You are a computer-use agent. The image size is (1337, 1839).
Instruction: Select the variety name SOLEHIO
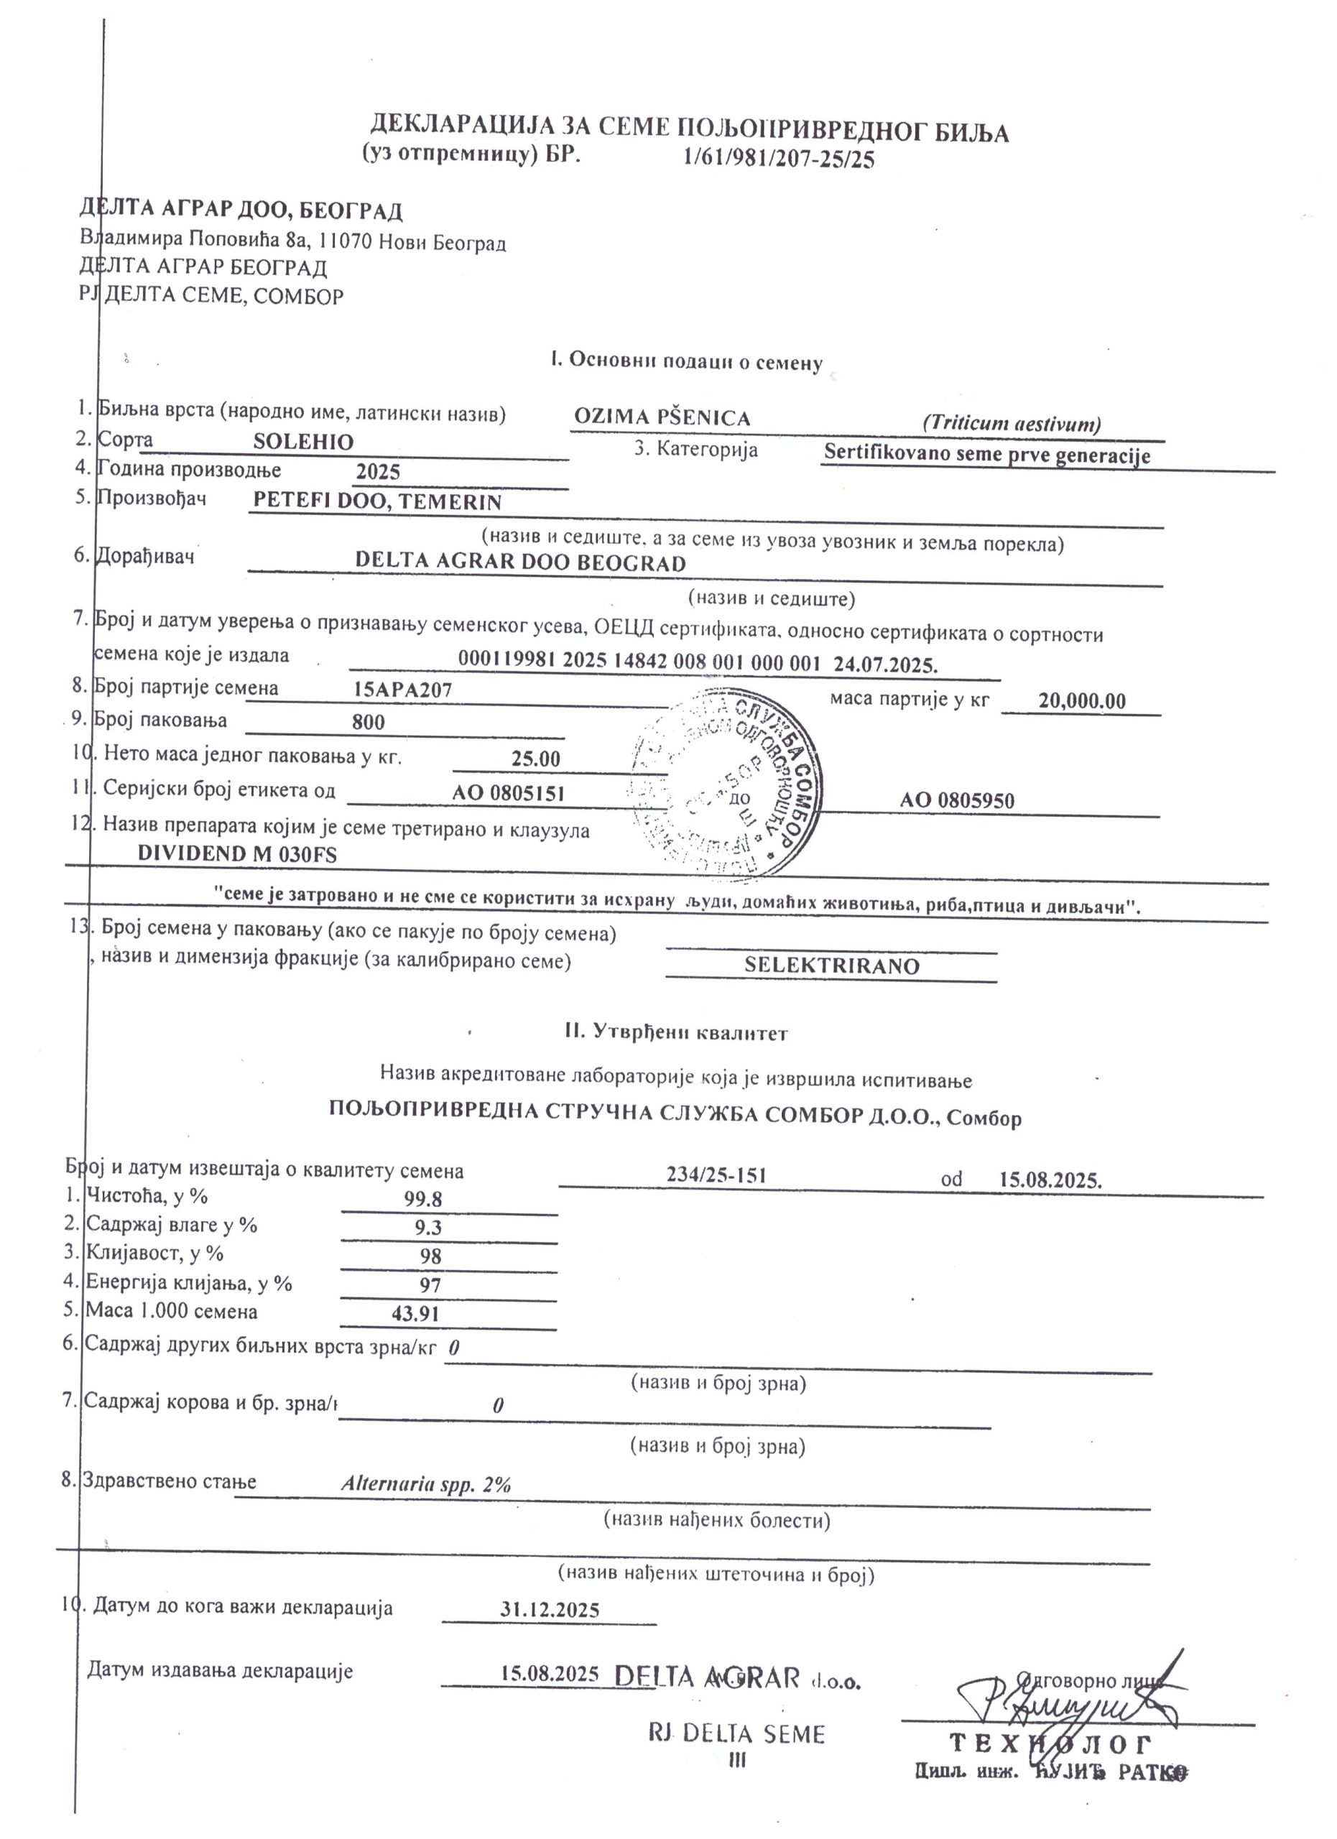303,443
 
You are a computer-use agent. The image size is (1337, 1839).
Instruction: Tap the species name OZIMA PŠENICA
662,418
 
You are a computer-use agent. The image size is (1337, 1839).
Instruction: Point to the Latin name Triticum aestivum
1011,423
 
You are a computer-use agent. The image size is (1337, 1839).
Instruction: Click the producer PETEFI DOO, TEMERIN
377,502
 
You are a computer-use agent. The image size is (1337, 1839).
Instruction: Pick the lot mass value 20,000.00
1082,701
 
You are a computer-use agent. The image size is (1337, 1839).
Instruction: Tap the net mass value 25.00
535,760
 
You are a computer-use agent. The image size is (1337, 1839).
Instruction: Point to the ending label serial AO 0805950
957,802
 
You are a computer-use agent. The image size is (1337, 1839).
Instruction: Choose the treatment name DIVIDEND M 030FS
237,854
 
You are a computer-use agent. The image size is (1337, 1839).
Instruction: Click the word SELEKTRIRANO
832,965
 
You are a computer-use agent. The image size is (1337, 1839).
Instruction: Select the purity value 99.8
423,1199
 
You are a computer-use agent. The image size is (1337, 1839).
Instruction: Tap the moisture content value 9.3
427,1228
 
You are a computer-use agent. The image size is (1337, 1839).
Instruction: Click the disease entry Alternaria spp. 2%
425,1485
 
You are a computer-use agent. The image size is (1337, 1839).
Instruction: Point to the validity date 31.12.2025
550,1610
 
